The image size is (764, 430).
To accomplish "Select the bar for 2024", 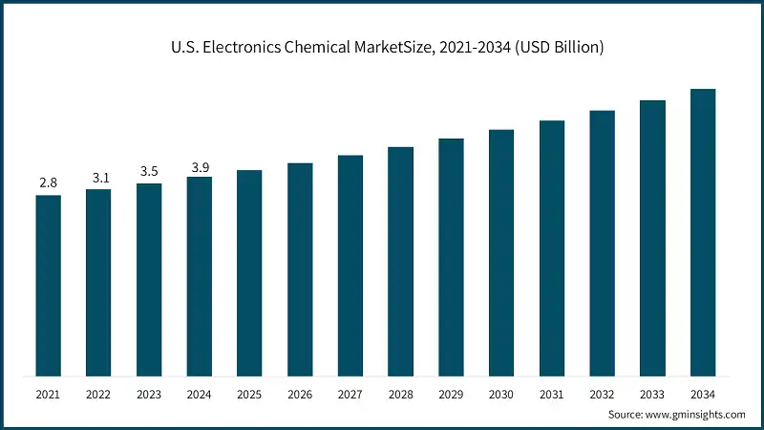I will (200, 276).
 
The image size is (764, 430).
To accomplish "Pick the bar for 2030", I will (501, 252).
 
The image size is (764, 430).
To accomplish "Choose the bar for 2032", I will (602, 243).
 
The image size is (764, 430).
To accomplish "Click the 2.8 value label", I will (49, 182).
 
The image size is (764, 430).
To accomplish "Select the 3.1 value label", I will (98, 177).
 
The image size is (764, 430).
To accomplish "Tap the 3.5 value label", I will (149, 171).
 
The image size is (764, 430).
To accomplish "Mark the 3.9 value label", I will (200, 167).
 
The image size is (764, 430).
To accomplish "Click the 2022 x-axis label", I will (98, 393).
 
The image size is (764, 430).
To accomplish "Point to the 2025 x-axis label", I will (249, 393).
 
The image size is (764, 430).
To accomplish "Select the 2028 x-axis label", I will (400, 393).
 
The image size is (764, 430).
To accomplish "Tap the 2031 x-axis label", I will (551, 393).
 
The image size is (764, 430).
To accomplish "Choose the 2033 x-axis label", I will (652, 393).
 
